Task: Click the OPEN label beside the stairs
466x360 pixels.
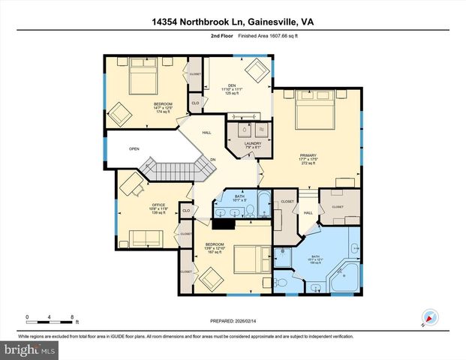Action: point(134,148)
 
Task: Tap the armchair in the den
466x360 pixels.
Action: point(260,70)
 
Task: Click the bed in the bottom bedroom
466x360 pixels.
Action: point(247,259)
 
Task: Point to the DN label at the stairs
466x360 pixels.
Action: point(213,158)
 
